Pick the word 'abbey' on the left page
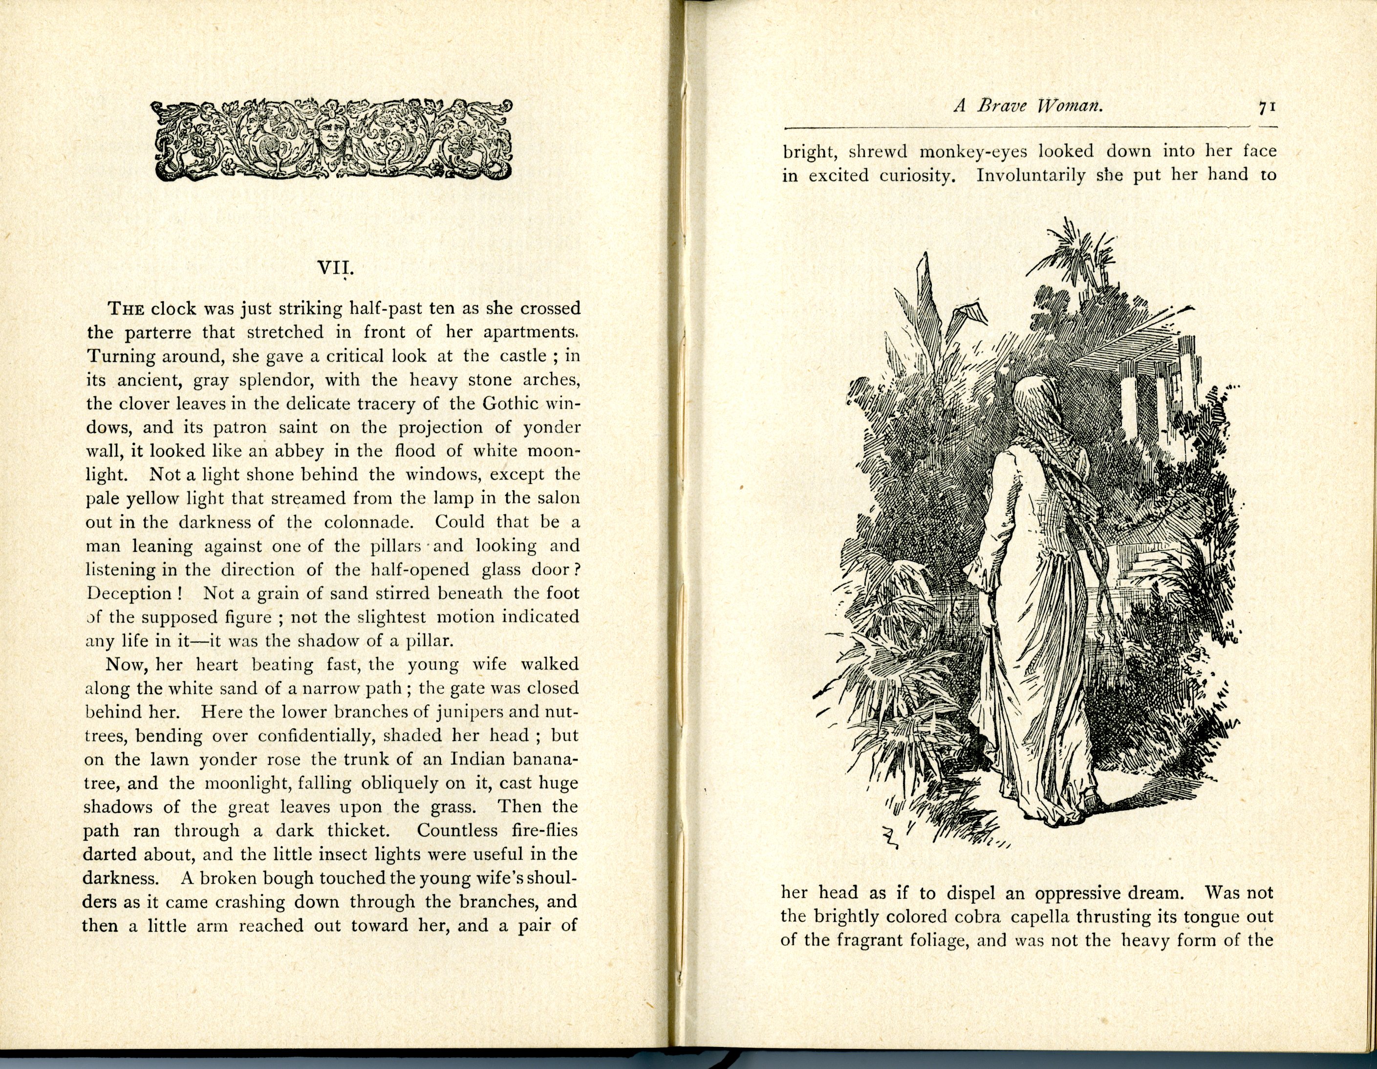point(310,451)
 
